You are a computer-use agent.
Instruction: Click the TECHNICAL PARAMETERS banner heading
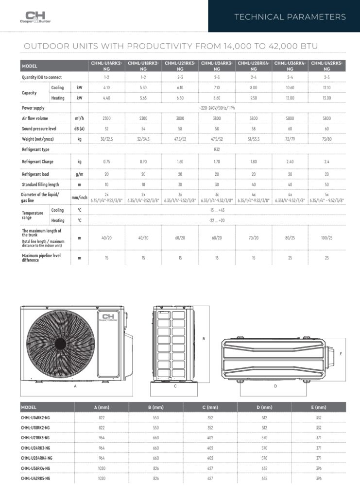[x=290, y=17]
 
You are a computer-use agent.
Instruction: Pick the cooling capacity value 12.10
[x=327, y=88]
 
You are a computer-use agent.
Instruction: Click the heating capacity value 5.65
[x=143, y=98]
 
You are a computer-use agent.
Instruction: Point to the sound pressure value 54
[x=143, y=129]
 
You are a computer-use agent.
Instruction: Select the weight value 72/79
[x=290, y=139]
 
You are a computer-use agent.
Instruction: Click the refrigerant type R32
[x=217, y=150]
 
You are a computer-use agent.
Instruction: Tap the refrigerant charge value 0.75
[x=106, y=162]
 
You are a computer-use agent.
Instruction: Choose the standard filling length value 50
[x=327, y=184]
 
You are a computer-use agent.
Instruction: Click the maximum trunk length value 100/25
[x=327, y=237]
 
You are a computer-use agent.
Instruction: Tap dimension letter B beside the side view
[x=204, y=339]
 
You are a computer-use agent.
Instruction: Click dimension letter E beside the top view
[x=341, y=354]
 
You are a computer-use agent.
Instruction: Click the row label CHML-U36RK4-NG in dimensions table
[x=36, y=468]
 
